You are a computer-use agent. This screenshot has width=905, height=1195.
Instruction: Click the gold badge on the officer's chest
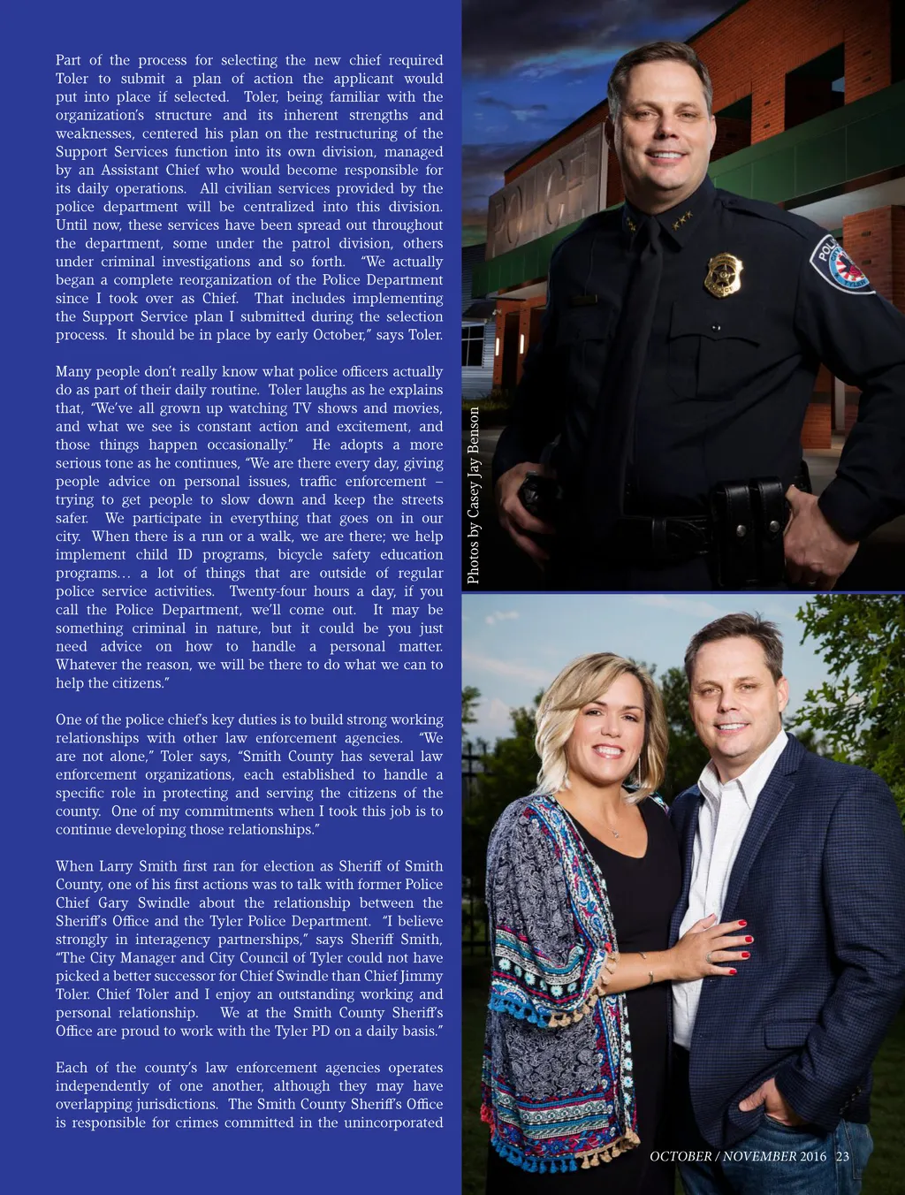click(x=723, y=274)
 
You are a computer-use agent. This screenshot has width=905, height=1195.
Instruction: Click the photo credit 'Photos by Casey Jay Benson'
click(x=474, y=495)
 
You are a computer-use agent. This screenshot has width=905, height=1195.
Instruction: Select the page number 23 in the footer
click(x=842, y=1156)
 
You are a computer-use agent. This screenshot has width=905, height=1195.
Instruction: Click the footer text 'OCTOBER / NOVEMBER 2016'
click(x=738, y=1156)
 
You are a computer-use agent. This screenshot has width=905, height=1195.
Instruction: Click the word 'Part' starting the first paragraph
click(x=68, y=60)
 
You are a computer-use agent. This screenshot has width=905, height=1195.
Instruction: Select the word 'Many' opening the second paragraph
click(x=72, y=371)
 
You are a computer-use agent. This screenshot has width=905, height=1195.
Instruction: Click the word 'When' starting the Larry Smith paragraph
click(x=73, y=866)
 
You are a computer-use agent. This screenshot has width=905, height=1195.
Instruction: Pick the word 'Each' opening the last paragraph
click(x=71, y=1068)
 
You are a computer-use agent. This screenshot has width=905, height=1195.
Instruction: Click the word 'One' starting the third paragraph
click(x=68, y=719)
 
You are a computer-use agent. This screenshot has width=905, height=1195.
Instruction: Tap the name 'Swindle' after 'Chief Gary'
click(x=164, y=902)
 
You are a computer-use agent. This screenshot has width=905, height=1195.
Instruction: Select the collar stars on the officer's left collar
click(x=681, y=216)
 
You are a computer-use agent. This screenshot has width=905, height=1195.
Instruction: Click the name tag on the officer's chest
click(x=583, y=301)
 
